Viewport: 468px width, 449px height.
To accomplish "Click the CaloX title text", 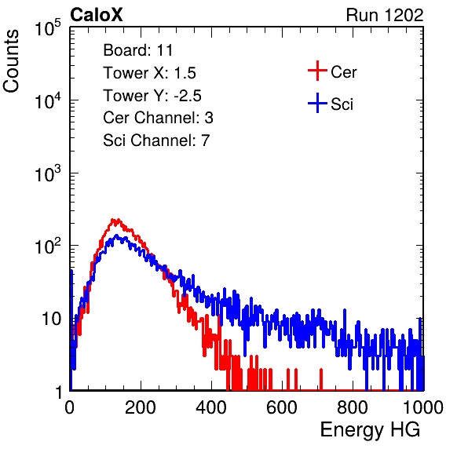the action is tap(96, 15).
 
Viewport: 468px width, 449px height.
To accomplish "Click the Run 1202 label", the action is tap(385, 15).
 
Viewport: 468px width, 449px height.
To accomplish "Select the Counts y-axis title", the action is tap(11, 61).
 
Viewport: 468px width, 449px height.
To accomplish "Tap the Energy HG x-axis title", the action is tap(370, 429).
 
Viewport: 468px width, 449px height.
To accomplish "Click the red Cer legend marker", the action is tap(317, 71).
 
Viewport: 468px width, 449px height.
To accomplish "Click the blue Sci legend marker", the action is tap(317, 103).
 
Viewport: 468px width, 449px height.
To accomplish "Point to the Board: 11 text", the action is tap(138, 50).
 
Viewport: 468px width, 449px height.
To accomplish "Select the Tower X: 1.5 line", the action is tap(149, 73).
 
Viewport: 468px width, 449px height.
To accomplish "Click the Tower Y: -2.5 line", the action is tap(152, 96).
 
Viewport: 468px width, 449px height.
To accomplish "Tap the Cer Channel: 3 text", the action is tap(158, 118).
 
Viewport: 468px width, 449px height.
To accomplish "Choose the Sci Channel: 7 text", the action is tap(156, 141).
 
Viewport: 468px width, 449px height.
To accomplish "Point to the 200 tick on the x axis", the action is tap(141, 407).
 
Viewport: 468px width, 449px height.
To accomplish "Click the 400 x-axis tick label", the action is tap(211, 407).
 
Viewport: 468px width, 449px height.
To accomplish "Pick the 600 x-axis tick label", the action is tap(282, 407).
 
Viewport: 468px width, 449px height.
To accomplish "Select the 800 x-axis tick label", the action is tap(353, 407).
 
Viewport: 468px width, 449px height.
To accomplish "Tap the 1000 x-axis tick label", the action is tap(423, 407).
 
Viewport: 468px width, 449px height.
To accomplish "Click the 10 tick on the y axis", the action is tap(52, 319).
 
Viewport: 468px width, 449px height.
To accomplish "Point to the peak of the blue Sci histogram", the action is tap(116, 235).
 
